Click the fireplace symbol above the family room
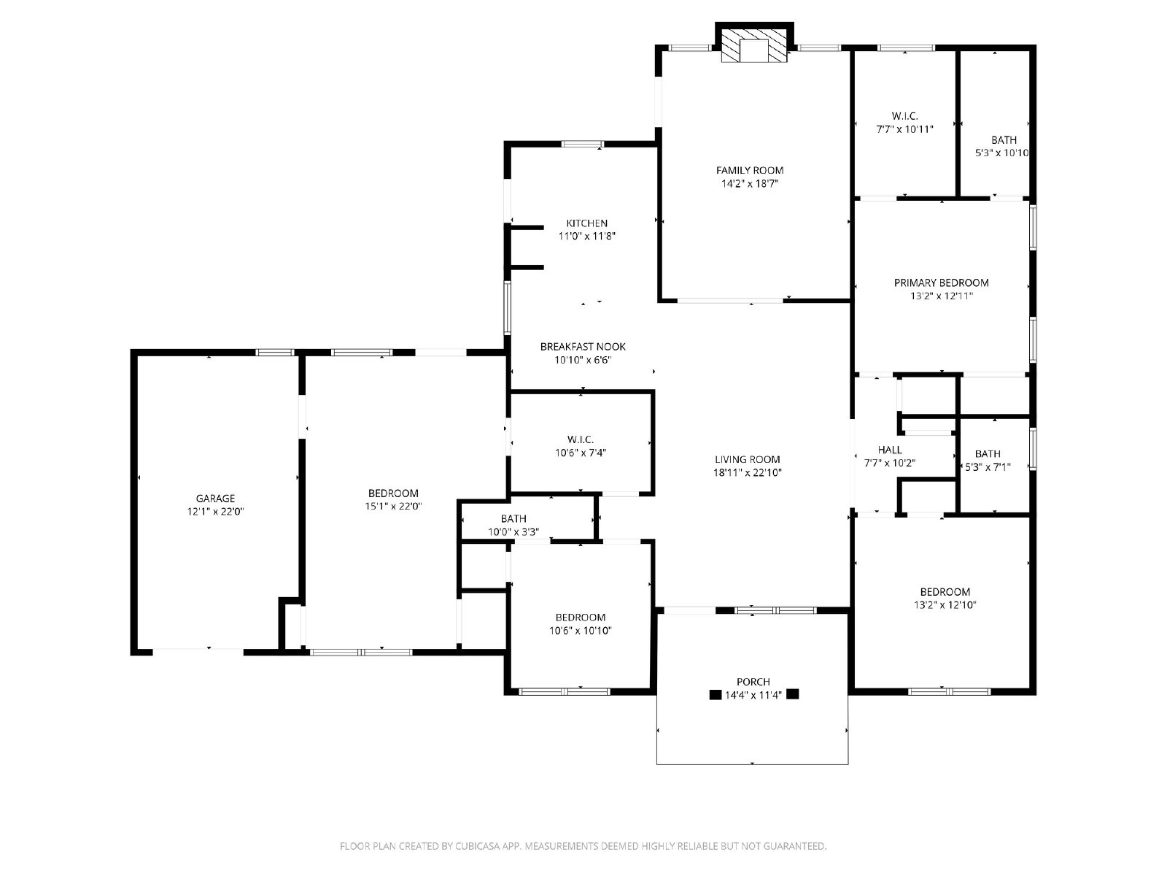pyautogui.click(x=755, y=46)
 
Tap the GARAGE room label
pyautogui.click(x=215, y=499)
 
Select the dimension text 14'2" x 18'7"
pyautogui.click(x=749, y=184)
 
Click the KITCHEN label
pyautogui.click(x=587, y=223)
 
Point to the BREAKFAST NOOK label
pyautogui.click(x=583, y=347)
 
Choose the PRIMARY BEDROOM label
pyautogui.click(x=942, y=283)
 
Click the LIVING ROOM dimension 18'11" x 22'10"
pyautogui.click(x=748, y=473)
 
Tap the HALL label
pyautogui.click(x=890, y=450)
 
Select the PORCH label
pyautogui.click(x=753, y=682)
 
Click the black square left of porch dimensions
pyautogui.click(x=716, y=695)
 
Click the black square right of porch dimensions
pyautogui.click(x=793, y=694)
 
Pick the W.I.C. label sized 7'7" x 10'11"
pyautogui.click(x=904, y=116)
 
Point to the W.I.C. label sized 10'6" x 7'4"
pyautogui.click(x=581, y=439)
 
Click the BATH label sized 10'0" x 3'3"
pyautogui.click(x=513, y=519)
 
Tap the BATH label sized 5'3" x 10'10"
pyautogui.click(x=1004, y=140)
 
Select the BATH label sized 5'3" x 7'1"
pyautogui.click(x=988, y=454)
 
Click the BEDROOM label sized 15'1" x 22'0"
pyautogui.click(x=393, y=493)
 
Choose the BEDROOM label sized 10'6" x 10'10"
pyautogui.click(x=581, y=618)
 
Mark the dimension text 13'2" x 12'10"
pyautogui.click(x=945, y=605)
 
